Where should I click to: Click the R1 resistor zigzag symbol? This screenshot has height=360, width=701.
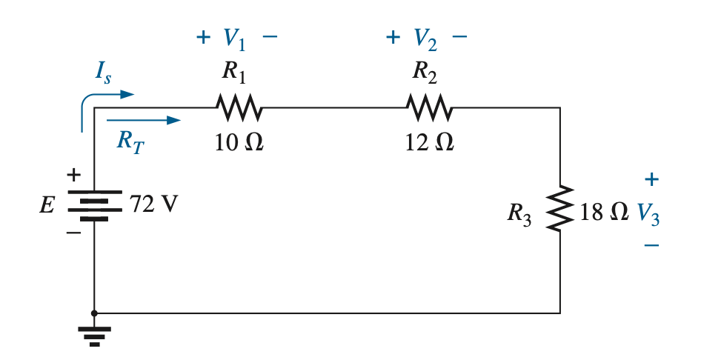coord(239,107)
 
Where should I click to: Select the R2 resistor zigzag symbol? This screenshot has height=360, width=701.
coord(430,107)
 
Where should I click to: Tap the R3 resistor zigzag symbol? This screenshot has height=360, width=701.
coord(560,208)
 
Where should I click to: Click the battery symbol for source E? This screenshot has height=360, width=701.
coord(94,205)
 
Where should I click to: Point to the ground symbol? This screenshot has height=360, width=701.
coord(94,336)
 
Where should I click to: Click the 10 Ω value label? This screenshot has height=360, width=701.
coord(239,142)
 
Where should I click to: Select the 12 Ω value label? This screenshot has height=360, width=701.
coord(429,142)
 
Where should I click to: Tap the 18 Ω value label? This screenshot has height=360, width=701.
coord(604,212)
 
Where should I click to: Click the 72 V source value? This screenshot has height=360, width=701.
coord(154,204)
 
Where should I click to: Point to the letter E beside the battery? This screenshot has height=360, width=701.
coord(47,205)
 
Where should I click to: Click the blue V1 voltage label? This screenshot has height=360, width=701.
coord(234,39)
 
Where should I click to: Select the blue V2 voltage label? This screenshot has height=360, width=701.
coord(425,39)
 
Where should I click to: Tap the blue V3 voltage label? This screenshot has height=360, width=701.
coord(648,214)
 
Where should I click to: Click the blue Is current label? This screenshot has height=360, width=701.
coord(103,71)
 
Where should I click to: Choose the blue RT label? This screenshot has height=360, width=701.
coord(130,141)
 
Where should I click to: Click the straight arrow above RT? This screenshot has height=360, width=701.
coord(144,120)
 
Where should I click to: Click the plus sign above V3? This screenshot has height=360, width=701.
coord(651,179)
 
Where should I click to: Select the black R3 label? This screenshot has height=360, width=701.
coord(519,214)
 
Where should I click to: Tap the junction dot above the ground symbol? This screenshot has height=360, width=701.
coord(94,313)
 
